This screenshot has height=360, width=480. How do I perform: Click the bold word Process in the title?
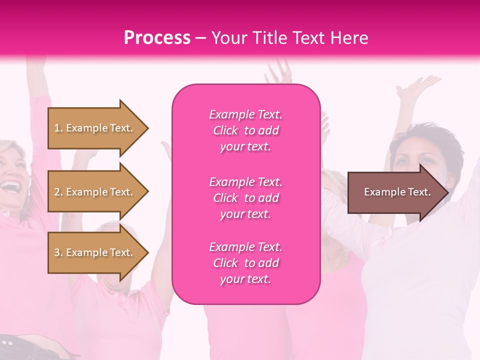pyautogui.click(x=157, y=38)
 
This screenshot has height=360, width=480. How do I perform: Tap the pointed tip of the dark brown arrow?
pyautogui.click(x=447, y=192)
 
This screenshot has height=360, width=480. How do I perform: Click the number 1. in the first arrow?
pyautogui.click(x=58, y=128)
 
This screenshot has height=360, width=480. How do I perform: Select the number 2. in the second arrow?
pyautogui.click(x=58, y=192)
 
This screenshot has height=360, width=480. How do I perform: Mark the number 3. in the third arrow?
pyautogui.click(x=58, y=252)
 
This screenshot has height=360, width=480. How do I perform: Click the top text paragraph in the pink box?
pyautogui.click(x=245, y=130)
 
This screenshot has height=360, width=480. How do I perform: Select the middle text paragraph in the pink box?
pyautogui.click(x=245, y=198)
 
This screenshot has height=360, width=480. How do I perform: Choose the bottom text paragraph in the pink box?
pyautogui.click(x=245, y=263)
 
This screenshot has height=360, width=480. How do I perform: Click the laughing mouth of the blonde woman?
pyautogui.click(x=8, y=186)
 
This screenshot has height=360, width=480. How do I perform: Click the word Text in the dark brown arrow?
pyautogui.click(x=419, y=192)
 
